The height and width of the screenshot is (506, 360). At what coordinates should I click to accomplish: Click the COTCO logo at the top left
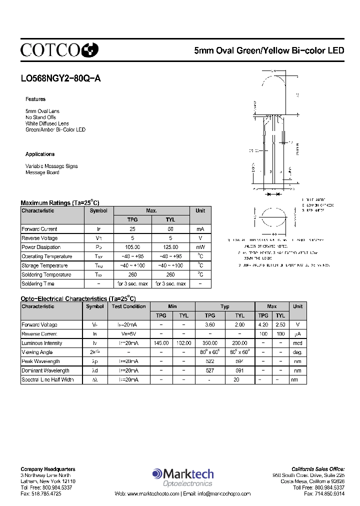coord(59,49)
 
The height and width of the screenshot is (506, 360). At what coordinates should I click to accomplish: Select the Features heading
coord(35,99)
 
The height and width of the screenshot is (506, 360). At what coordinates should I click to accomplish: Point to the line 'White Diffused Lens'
coord(47,123)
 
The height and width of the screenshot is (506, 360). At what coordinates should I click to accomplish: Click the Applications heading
coord(40,154)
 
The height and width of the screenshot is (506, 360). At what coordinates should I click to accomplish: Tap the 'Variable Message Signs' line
coord(51,166)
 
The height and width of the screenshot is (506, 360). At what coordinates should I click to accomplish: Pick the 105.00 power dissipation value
coord(132,247)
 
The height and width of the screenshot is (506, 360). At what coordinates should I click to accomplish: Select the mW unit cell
coord(200,247)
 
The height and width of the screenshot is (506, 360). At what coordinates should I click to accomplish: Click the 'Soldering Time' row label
coord(37,283)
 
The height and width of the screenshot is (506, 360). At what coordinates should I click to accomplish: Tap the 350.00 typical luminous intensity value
coord(210,343)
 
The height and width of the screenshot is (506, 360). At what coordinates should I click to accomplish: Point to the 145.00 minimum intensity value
coord(161,343)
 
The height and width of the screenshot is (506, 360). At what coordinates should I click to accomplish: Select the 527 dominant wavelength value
coord(210,370)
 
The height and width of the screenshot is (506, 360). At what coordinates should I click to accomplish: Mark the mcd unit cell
coord(298,343)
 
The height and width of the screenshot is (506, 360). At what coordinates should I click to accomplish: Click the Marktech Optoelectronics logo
coord(183,477)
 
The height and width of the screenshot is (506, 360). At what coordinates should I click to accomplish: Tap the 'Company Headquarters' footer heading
coord(48,469)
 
